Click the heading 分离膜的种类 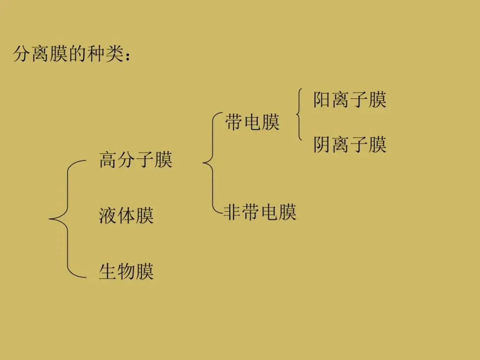(x=71, y=55)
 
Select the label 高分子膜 (x=136, y=160)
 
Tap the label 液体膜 (x=126, y=216)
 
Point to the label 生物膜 (x=126, y=271)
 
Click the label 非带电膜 (x=260, y=212)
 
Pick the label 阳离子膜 (x=350, y=100)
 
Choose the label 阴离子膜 (x=350, y=144)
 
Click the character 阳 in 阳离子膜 (x=322, y=100)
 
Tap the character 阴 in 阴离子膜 (x=322, y=144)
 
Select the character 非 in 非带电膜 (x=232, y=212)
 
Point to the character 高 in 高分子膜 (x=108, y=160)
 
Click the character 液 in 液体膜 (x=108, y=216)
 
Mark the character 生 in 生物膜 (x=108, y=271)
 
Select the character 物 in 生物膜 (x=126, y=271)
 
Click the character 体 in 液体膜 (x=126, y=216)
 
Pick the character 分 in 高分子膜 (x=127, y=160)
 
